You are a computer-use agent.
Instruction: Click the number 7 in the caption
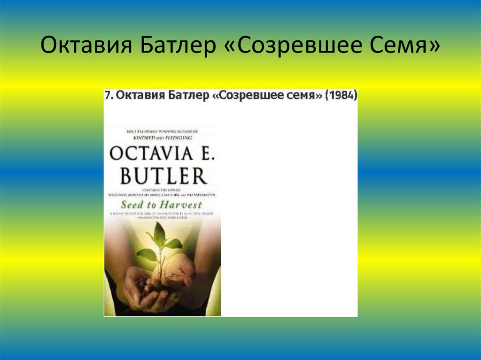[108, 95]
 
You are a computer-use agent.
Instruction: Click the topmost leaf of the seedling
[159, 233]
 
